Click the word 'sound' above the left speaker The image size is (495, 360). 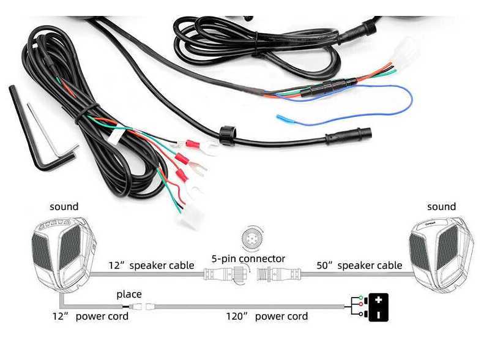[x=64, y=207]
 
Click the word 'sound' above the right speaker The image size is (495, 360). [x=441, y=207]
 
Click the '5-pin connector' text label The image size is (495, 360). [x=248, y=259]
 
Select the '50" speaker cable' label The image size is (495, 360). [x=359, y=265]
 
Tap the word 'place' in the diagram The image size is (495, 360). [x=129, y=294]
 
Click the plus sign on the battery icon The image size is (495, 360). [x=379, y=300]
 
